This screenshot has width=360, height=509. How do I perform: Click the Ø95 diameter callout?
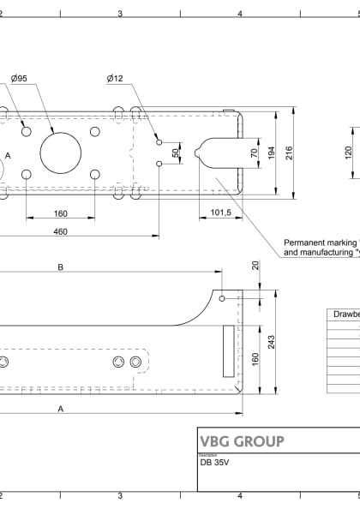point(19,79)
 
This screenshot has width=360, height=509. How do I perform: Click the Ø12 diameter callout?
point(116,79)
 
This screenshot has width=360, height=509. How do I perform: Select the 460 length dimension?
point(60,231)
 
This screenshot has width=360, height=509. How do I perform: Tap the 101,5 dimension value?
point(221,213)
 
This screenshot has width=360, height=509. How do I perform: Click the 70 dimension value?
point(253,153)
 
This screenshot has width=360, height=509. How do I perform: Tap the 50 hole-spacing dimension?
point(176,153)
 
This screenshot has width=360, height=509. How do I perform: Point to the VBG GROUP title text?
point(241,441)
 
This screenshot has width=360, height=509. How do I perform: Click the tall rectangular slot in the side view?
point(227,350)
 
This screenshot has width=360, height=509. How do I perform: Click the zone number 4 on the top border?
point(240,13)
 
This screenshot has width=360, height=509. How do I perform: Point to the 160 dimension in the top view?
point(60,213)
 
